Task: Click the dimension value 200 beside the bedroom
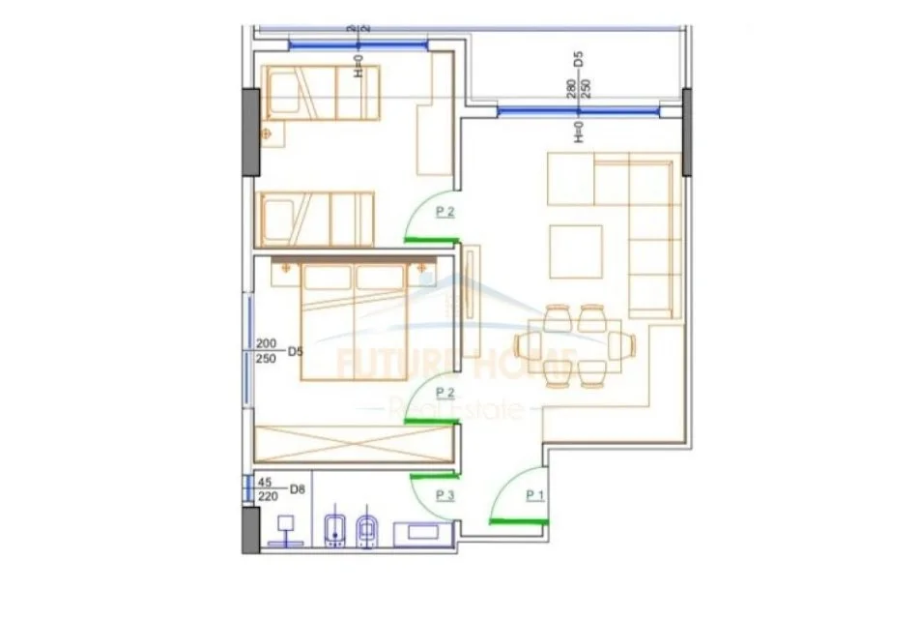(x=267, y=343)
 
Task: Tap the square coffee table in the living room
(x=575, y=250)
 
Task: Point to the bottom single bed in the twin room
(x=316, y=218)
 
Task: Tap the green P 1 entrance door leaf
(x=519, y=520)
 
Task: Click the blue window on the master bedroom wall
(x=250, y=342)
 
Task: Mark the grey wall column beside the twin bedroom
(x=250, y=131)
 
